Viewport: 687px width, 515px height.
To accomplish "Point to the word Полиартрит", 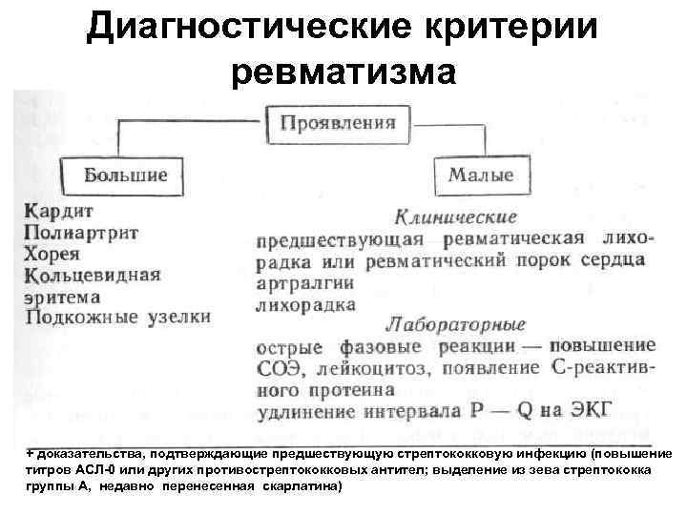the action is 82,233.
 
